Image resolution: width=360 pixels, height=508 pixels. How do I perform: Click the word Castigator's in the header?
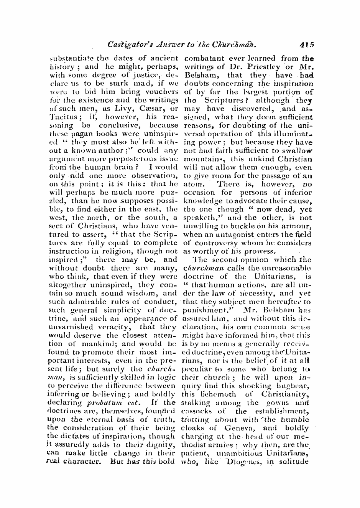[127, 44]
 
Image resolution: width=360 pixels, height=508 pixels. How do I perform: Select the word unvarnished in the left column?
[71, 327]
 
